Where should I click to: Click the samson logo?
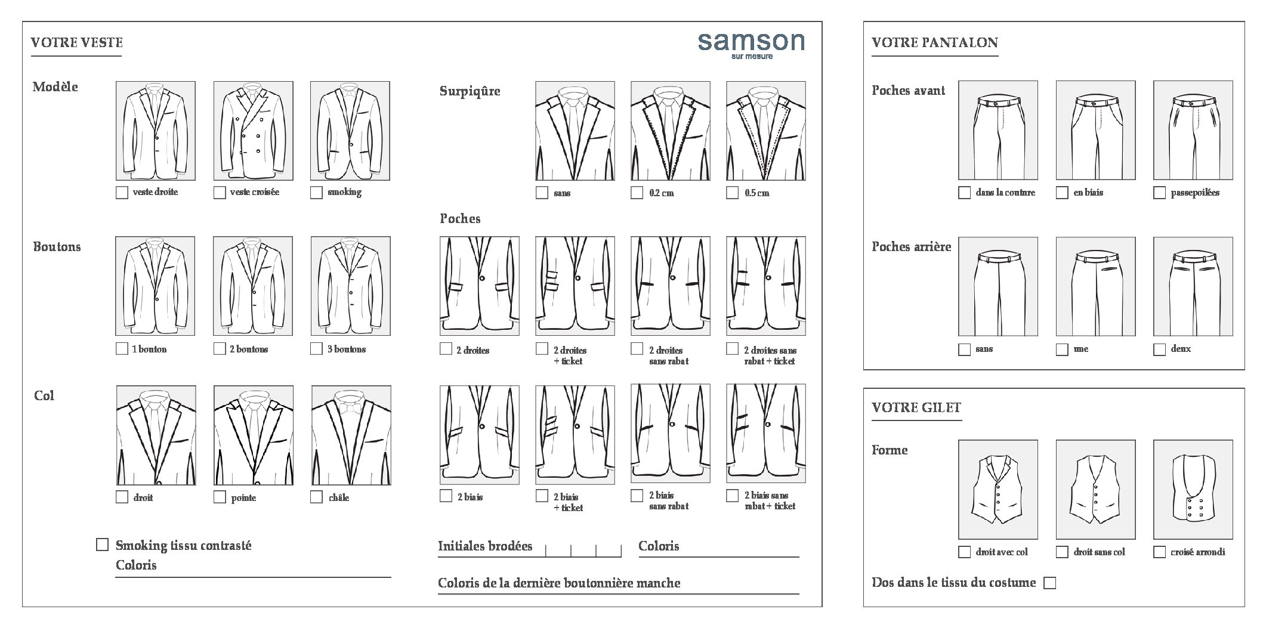click(x=751, y=45)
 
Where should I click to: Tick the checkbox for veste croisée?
click(x=220, y=193)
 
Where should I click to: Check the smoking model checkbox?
click(x=316, y=193)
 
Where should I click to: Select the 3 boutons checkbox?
click(x=316, y=349)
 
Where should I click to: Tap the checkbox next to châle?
click(x=316, y=497)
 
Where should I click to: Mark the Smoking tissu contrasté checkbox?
click(x=103, y=545)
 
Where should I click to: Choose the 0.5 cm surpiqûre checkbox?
click(x=732, y=193)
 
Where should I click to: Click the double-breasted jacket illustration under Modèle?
click(x=253, y=131)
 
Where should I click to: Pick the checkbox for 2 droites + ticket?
click(x=542, y=348)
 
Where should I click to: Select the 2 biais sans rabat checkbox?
click(x=637, y=496)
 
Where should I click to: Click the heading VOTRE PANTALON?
click(x=935, y=42)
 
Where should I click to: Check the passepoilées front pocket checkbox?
click(x=1159, y=193)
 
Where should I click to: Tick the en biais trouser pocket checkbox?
click(x=1062, y=193)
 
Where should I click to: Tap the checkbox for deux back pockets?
click(x=1159, y=349)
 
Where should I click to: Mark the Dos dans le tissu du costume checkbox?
click(x=1049, y=583)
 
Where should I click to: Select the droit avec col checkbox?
click(x=964, y=552)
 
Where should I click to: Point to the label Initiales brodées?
click(x=485, y=546)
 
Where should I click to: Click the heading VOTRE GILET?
click(x=916, y=407)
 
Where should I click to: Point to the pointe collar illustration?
click(x=254, y=435)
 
